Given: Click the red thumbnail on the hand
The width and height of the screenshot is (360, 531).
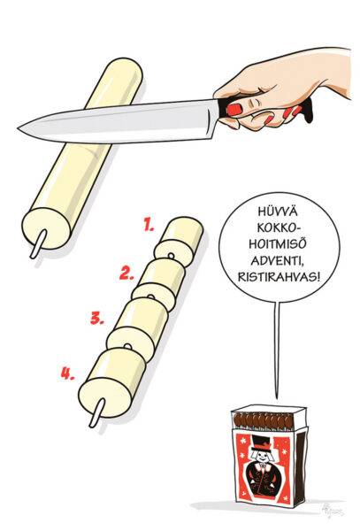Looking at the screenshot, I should [x=234, y=109].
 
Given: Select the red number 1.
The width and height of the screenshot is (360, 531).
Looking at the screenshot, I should [x=149, y=226].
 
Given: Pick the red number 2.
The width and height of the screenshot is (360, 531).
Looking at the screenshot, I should [x=127, y=272].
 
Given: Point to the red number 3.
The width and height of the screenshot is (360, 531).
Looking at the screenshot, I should [x=98, y=316].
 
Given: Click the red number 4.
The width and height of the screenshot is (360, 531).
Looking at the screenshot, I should [x=67, y=373].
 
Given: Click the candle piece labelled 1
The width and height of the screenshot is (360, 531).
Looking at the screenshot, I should [x=183, y=236].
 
